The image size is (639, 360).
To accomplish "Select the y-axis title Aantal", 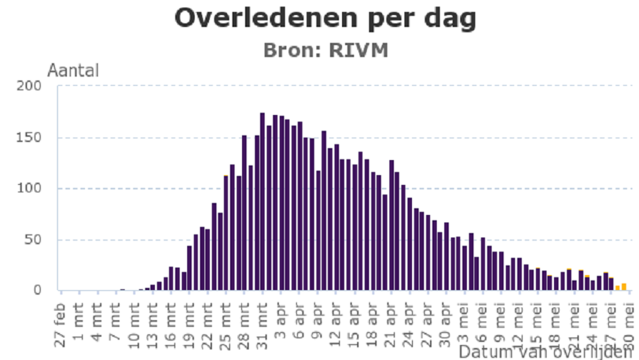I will click(73, 71).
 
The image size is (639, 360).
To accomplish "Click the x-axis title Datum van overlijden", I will click(544, 352).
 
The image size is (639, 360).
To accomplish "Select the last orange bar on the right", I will click(624, 286).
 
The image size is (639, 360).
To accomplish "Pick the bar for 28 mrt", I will click(244, 213).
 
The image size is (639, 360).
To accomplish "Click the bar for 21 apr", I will click(391, 225).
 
